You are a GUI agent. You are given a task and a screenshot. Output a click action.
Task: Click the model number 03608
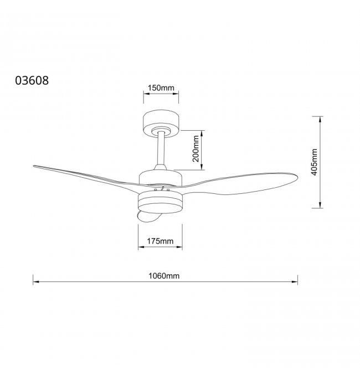(32, 80)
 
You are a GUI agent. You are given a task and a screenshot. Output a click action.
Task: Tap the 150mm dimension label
(161, 88)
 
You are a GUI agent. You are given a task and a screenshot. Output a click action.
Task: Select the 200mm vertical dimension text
(196, 149)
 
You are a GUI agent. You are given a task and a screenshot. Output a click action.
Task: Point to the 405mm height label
(315, 162)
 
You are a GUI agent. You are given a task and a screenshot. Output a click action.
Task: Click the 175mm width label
(160, 241)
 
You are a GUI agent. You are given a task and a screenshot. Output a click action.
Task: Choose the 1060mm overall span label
(164, 276)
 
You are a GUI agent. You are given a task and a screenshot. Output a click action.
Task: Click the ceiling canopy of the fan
(161, 124)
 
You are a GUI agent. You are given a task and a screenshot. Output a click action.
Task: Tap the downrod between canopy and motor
(162, 148)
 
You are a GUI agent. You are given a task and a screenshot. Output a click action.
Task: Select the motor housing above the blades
(161, 177)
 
